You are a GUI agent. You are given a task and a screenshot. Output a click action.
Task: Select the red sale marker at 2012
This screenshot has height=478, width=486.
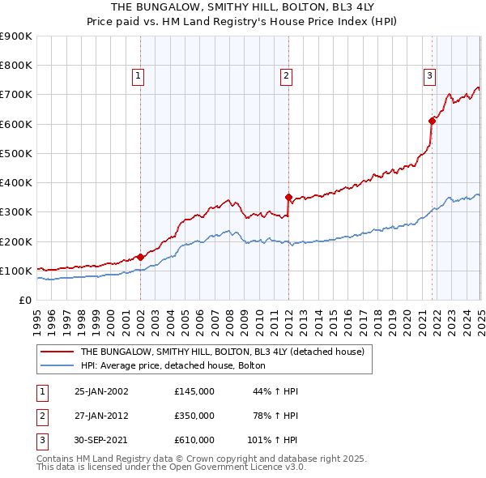[x=288, y=197]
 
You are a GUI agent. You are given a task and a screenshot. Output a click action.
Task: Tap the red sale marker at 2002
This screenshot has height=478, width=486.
[x=140, y=257]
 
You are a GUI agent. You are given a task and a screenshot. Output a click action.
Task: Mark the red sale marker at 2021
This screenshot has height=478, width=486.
[x=432, y=121]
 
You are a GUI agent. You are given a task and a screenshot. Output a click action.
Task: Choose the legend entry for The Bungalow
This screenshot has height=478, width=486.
[x=223, y=352]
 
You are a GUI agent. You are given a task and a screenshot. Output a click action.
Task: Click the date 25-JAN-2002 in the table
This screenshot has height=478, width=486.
[x=101, y=391]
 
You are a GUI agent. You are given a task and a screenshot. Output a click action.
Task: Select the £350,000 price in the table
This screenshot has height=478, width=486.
[x=194, y=416]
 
